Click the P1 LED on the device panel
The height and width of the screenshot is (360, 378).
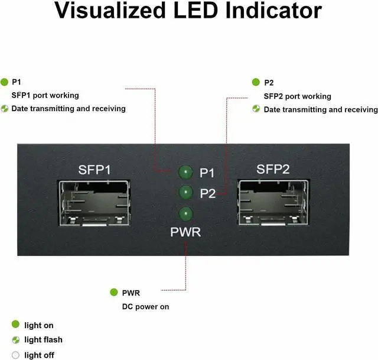tap(185, 172)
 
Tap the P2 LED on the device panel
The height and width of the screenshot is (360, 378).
tap(185, 192)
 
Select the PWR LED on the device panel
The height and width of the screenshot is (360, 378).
tap(185, 213)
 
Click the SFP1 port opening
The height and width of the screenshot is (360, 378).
tap(94, 204)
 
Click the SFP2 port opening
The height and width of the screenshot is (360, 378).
tap(273, 204)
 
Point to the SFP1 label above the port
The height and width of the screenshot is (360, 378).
tap(94, 170)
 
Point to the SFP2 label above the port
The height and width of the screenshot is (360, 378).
tap(273, 169)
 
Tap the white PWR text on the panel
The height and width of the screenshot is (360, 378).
tap(185, 232)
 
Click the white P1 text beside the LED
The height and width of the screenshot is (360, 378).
tap(207, 173)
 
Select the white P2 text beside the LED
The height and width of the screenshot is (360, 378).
tap(208, 193)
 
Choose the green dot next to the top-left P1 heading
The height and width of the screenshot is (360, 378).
tap(5, 82)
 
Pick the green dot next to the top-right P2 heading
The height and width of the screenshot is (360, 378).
tap(256, 82)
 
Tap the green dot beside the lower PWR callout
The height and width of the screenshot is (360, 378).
tap(114, 292)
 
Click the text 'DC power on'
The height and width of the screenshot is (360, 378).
tap(146, 306)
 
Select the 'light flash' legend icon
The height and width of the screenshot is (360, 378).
tap(16, 340)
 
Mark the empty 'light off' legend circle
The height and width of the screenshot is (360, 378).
tap(16, 355)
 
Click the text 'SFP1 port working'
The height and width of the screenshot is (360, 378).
tap(45, 95)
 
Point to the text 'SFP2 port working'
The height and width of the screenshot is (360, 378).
tap(297, 96)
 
